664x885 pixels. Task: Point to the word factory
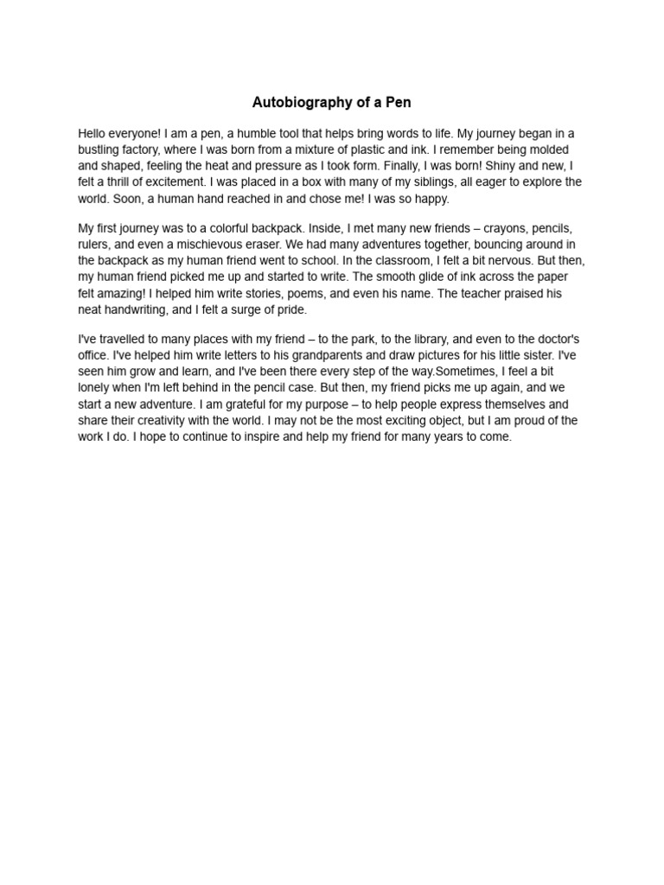pos(144,150)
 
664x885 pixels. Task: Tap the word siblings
pos(408,182)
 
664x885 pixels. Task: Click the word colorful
pos(234,228)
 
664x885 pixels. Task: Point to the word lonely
pos(95,388)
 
